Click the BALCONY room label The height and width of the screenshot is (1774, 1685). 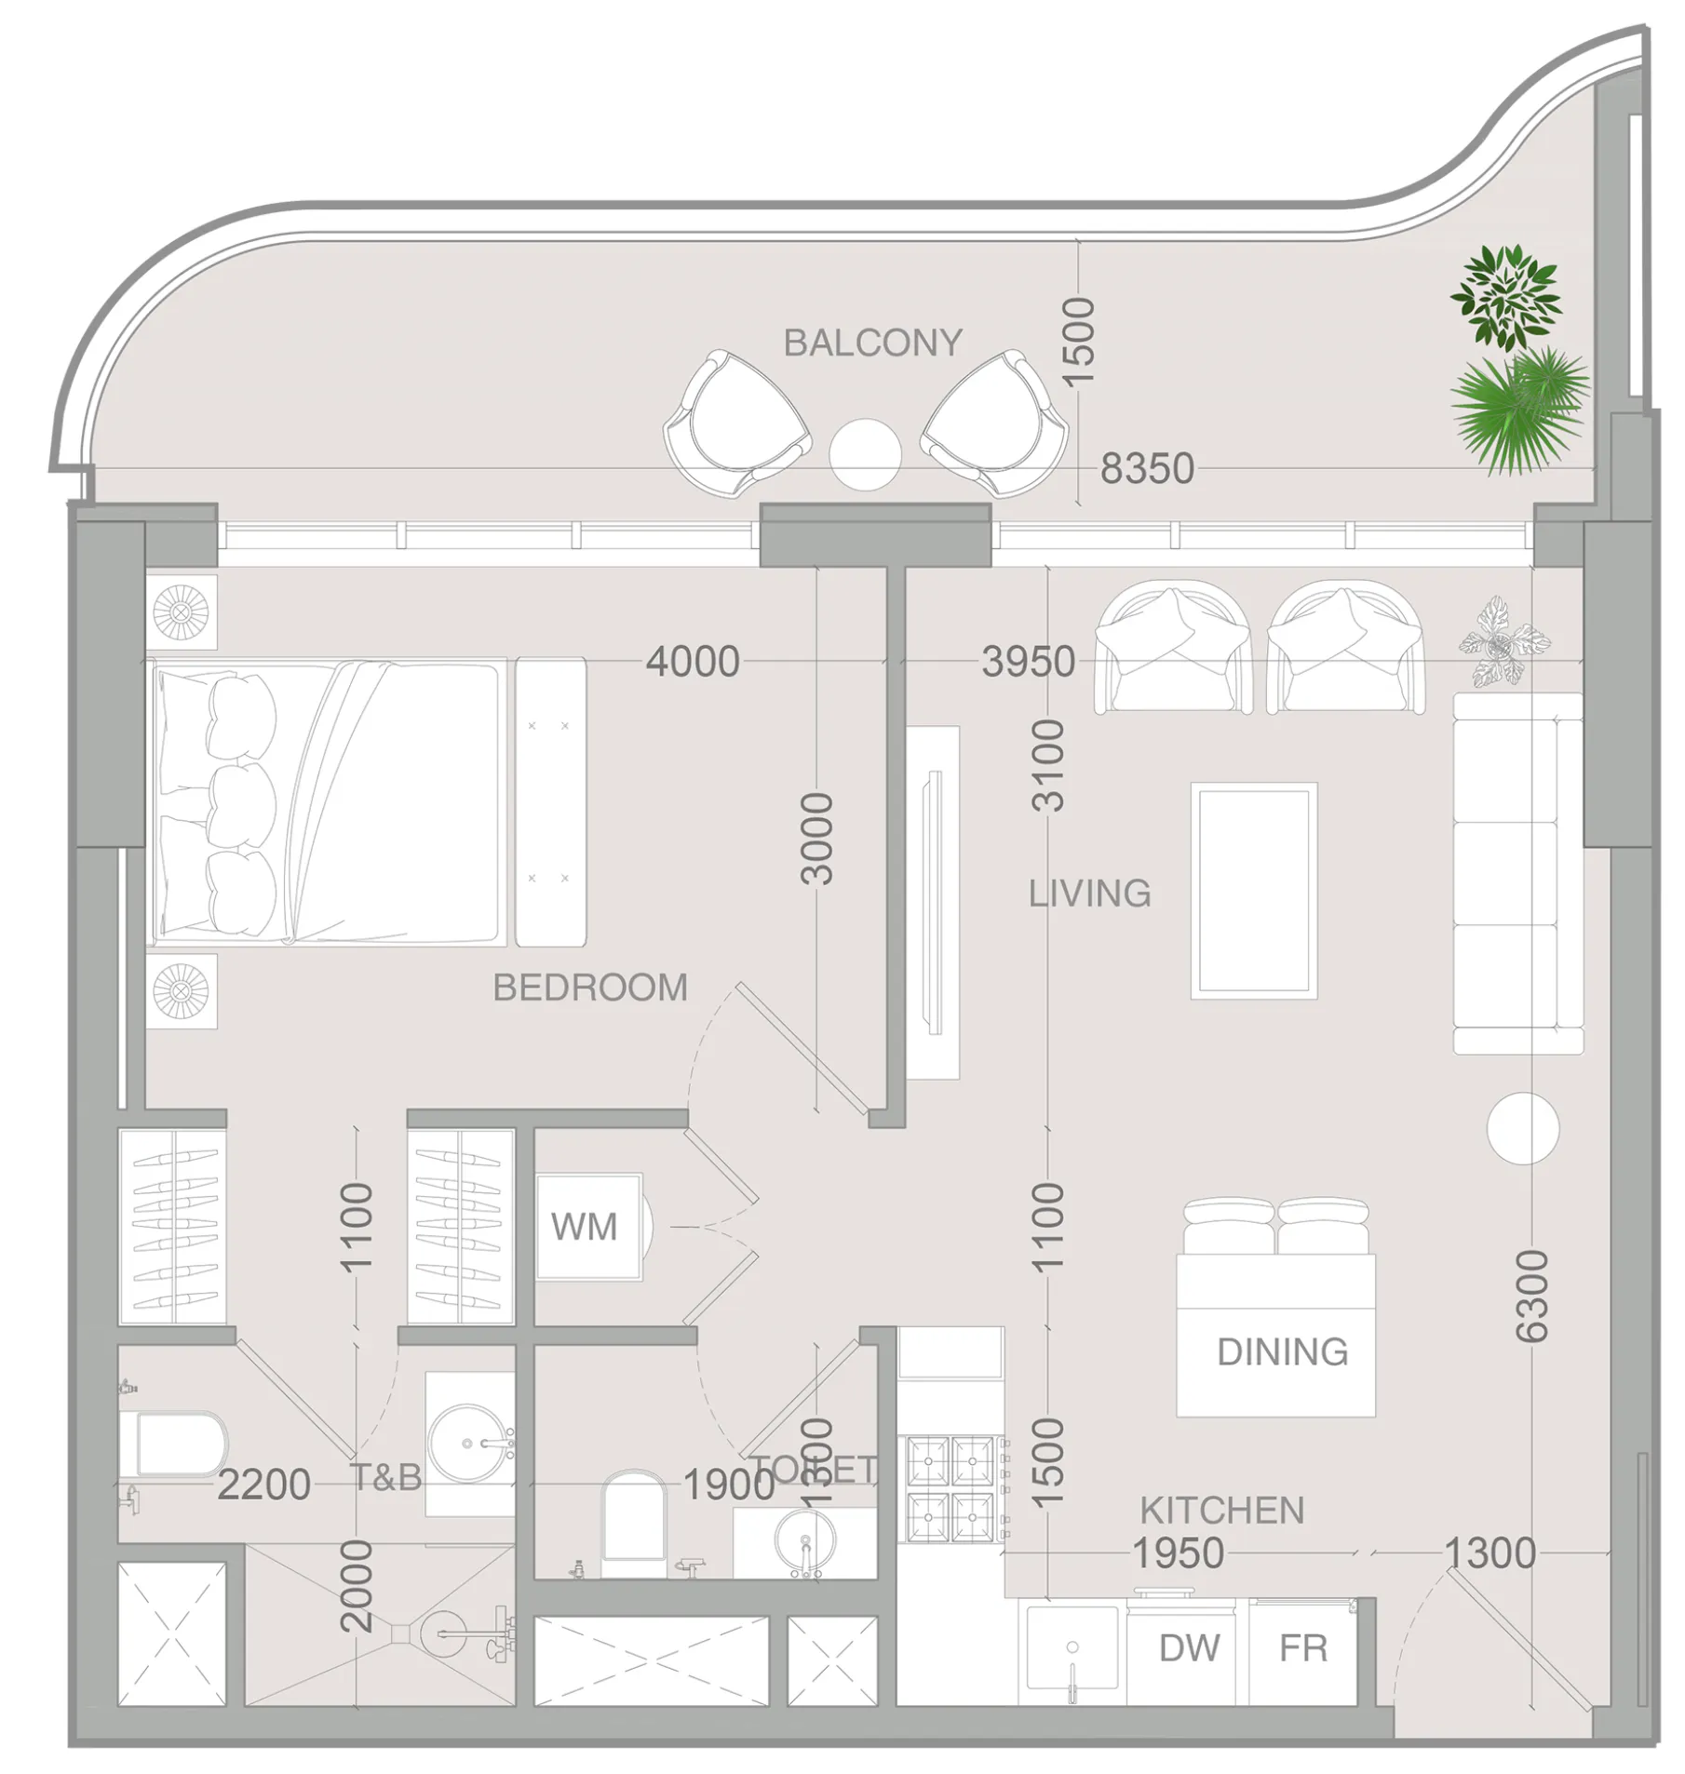tap(872, 343)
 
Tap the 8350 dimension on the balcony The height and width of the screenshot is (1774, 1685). tap(1146, 468)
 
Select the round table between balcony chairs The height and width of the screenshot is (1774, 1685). tap(865, 454)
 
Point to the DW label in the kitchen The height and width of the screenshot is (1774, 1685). tap(1189, 1647)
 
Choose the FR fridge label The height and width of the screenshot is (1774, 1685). tap(1302, 1647)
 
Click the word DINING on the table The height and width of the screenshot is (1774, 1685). tap(1282, 1351)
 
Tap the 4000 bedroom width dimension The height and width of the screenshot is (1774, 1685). tap(693, 662)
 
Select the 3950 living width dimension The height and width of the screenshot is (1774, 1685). tap(1028, 662)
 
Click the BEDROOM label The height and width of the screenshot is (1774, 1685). tap(590, 988)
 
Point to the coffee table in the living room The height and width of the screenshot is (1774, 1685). tap(1253, 891)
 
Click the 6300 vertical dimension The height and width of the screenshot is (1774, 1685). tap(1531, 1296)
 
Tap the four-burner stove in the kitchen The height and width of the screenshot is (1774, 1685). tap(950, 1488)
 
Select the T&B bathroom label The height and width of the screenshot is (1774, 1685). tap(386, 1477)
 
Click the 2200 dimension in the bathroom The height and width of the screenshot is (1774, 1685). tap(263, 1485)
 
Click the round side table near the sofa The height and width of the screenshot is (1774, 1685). tap(1522, 1128)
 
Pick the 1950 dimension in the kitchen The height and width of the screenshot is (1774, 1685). tap(1177, 1552)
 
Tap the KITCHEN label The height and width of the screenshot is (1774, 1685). tap(1221, 1510)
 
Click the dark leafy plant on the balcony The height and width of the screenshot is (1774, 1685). tap(1504, 296)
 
